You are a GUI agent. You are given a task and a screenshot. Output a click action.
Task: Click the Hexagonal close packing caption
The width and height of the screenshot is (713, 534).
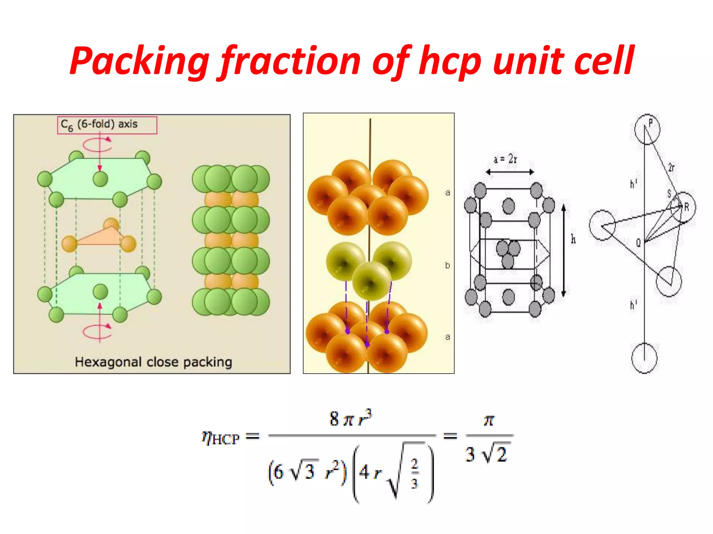153,362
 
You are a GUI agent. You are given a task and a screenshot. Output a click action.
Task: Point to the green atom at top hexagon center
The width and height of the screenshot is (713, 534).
101,179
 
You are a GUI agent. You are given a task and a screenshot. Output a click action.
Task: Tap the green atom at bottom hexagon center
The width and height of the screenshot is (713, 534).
101,291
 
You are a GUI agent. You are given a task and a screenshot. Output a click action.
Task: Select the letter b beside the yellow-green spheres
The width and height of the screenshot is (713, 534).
447,266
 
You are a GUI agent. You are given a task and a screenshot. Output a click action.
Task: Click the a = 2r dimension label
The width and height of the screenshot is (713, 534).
506,160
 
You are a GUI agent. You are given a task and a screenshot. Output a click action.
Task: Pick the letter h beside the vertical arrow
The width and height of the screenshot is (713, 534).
573,239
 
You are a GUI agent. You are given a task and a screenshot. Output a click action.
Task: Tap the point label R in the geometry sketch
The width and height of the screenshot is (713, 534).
687,208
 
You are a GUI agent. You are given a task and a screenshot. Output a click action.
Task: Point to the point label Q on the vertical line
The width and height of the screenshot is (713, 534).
638,243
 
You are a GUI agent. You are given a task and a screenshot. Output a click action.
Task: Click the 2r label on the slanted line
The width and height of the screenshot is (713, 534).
671,168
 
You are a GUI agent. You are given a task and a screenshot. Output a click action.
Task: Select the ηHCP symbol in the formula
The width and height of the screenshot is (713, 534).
221,438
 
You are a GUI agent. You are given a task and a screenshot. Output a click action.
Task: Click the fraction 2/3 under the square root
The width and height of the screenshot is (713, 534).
414,473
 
